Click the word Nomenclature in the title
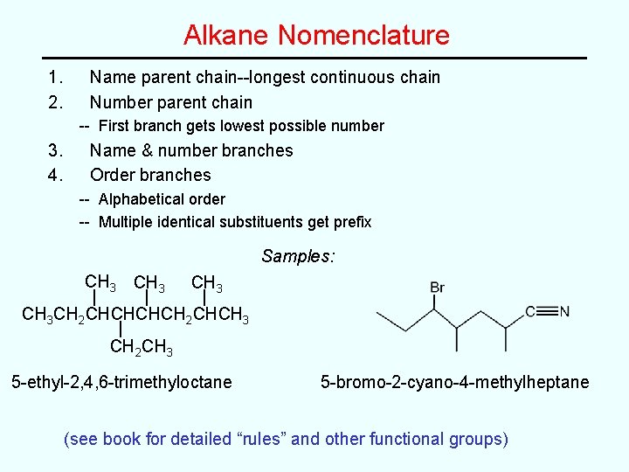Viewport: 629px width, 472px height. [363, 35]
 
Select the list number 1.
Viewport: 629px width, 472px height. [56, 77]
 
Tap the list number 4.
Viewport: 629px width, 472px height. [56, 175]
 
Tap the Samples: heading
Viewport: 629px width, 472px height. [298, 257]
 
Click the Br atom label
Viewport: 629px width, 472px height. [438, 288]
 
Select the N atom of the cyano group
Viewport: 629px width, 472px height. [564, 310]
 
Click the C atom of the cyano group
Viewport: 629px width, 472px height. [530, 310]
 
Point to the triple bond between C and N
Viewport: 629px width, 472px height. [547, 310]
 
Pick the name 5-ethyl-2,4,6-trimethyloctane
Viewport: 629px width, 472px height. [121, 382]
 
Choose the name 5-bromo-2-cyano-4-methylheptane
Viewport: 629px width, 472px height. [454, 382]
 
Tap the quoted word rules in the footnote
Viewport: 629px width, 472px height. [259, 439]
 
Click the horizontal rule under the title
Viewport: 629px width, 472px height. [314, 59]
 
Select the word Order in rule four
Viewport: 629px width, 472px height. [113, 175]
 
